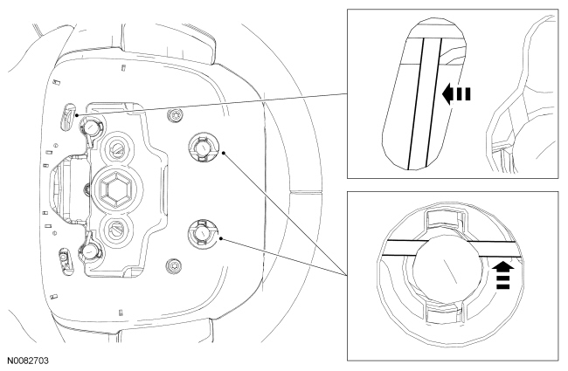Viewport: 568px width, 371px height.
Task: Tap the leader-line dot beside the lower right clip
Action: point(223,236)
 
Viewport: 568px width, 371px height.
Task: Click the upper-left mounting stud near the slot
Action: point(89,127)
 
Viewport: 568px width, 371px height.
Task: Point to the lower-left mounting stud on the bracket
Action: point(89,251)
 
